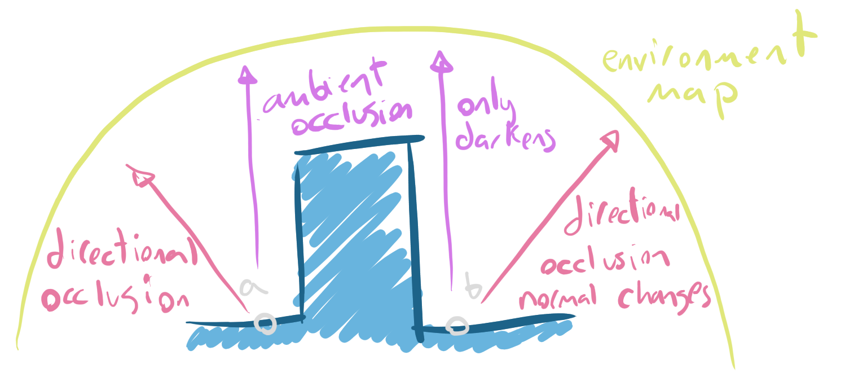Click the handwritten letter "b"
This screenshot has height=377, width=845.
point(473,286)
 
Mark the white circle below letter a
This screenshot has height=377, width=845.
point(265,323)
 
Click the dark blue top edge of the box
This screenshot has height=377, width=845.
point(358,144)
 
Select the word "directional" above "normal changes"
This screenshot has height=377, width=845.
point(620,220)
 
